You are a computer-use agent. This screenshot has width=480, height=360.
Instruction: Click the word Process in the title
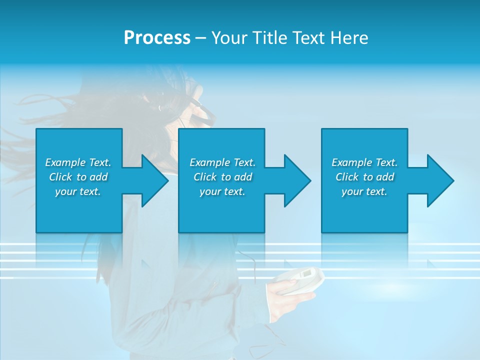pyautogui.click(x=157, y=38)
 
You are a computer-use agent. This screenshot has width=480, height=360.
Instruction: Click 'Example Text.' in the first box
pyautogui.click(x=78, y=162)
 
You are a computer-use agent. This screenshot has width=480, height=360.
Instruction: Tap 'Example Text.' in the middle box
pyautogui.click(x=222, y=162)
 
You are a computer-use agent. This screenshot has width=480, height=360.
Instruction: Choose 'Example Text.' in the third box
pyautogui.click(x=364, y=162)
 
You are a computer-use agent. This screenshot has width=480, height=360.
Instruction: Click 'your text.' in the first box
pyautogui.click(x=78, y=191)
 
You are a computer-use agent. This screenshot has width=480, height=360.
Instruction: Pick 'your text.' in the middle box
pyautogui.click(x=222, y=191)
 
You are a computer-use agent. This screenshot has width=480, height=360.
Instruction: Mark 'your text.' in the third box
pyautogui.click(x=364, y=191)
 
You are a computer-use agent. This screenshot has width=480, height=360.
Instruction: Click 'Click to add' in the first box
pyautogui.click(x=78, y=177)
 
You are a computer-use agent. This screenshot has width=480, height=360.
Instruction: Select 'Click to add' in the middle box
pyautogui.click(x=222, y=177)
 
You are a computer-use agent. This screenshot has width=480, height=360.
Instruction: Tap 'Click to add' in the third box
pyautogui.click(x=364, y=177)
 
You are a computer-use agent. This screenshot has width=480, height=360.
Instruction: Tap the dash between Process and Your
pyautogui.click(x=200, y=38)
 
